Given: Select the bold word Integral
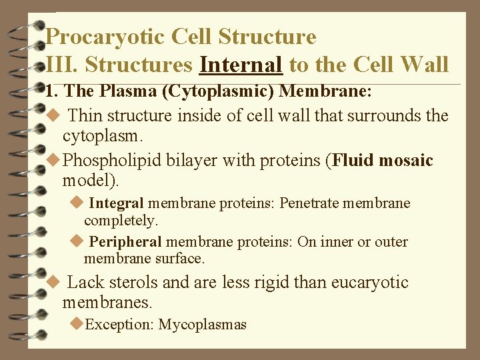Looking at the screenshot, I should (x=116, y=203).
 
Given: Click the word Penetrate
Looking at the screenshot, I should (x=311, y=203).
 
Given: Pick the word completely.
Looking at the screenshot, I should (x=121, y=219).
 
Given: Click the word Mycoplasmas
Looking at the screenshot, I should (x=202, y=325).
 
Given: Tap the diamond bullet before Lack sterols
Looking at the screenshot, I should (x=55, y=281).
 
